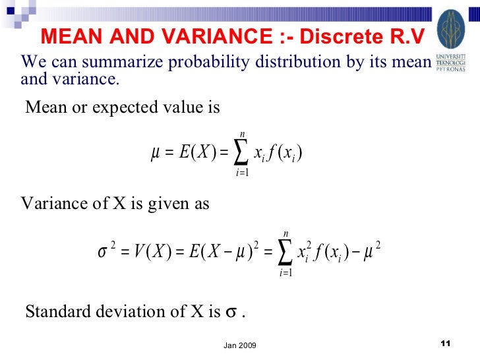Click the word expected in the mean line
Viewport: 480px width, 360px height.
[124, 107]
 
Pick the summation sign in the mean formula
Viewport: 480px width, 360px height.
[242, 154]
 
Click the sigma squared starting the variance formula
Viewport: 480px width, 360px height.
[106, 251]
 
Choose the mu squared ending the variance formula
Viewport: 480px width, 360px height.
[373, 251]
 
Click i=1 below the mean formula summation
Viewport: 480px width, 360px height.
[242, 173]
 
